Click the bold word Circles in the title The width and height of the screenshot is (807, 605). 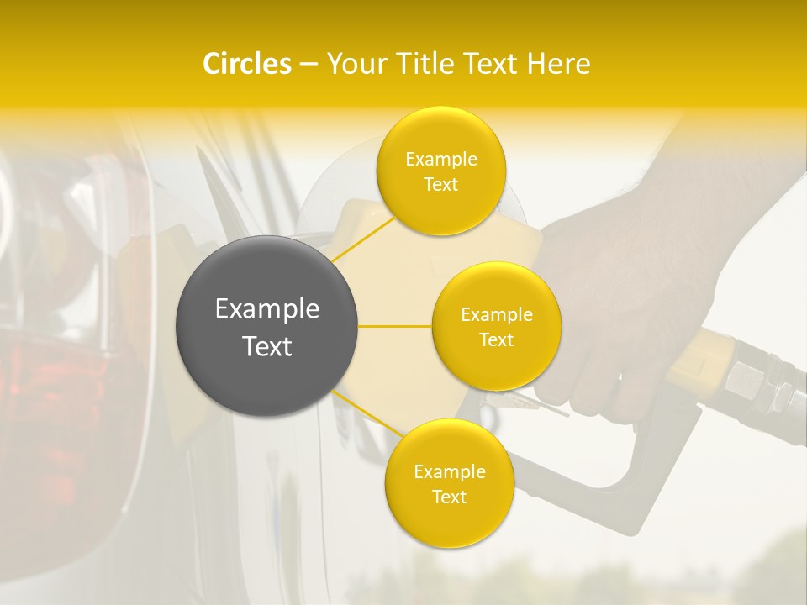[x=246, y=64]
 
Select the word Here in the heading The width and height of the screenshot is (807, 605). [x=558, y=64]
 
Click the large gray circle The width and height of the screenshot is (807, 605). [x=266, y=326]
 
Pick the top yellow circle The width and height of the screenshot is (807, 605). [x=440, y=171]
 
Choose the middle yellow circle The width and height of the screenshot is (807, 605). [x=496, y=326]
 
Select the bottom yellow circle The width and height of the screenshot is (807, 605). [x=449, y=484]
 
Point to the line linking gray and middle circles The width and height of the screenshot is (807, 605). [x=395, y=326]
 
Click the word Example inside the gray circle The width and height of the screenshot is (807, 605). [x=266, y=309]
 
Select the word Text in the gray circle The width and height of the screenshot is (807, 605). [x=266, y=346]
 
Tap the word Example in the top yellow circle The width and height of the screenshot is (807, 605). [x=440, y=160]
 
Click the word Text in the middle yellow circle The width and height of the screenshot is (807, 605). [x=496, y=339]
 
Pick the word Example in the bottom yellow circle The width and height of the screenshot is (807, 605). [x=449, y=472]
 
